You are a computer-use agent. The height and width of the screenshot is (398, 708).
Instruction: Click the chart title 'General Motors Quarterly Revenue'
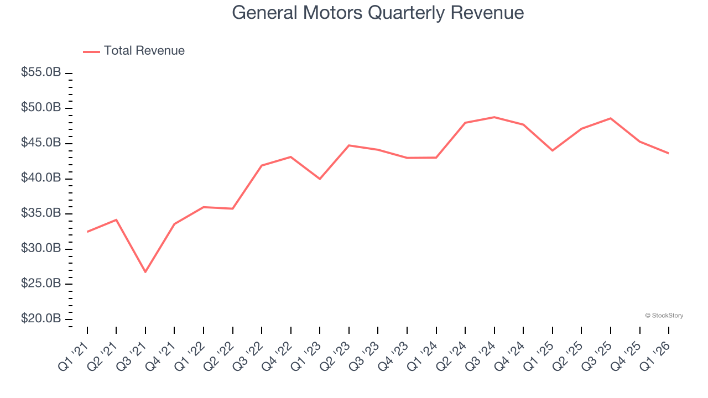(378, 12)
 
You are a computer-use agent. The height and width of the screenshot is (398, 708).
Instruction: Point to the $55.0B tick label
(41, 72)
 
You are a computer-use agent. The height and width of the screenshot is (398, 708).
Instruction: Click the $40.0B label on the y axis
(41, 178)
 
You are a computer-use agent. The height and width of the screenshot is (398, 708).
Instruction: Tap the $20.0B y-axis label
(41, 319)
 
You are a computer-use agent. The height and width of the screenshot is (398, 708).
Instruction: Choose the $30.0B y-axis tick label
(41, 248)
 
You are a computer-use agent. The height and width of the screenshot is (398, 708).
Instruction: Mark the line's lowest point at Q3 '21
(145, 272)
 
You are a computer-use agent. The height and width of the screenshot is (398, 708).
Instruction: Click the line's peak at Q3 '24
(494, 117)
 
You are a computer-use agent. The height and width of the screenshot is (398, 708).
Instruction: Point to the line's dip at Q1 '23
(320, 179)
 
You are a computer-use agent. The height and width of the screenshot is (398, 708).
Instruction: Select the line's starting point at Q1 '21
(87, 232)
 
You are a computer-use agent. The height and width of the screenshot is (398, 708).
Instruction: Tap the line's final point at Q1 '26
(668, 153)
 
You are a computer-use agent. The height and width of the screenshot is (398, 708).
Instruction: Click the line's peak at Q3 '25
(610, 118)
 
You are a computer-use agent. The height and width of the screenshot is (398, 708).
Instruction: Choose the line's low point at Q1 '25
(552, 150)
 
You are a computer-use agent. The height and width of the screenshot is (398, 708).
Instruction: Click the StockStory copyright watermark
(664, 316)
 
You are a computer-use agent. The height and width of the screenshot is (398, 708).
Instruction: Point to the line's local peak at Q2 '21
(116, 219)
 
